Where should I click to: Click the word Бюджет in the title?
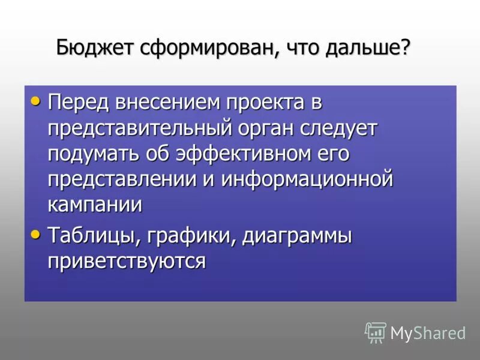tap(96, 47)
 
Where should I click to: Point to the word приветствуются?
tap(127, 262)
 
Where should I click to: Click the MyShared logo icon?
tap(376, 332)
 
